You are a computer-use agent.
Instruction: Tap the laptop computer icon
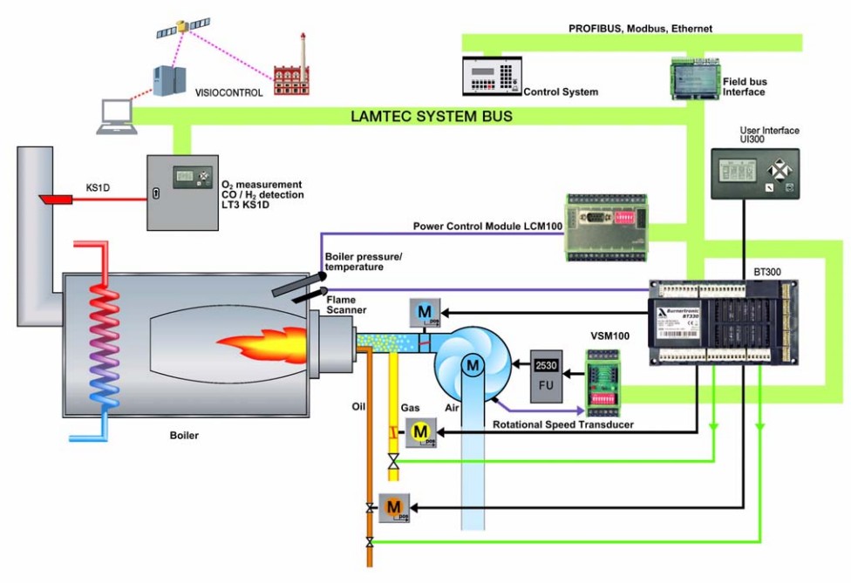115,118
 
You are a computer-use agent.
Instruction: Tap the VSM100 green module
603,376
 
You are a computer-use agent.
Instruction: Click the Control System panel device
491,77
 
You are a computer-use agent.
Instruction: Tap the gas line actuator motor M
419,430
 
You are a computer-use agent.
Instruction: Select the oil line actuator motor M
393,506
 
